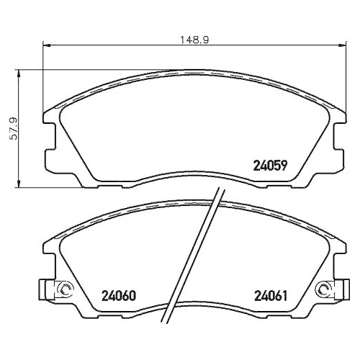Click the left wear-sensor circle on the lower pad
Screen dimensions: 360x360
(64, 291)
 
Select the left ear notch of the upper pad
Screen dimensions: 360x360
(49, 138)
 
